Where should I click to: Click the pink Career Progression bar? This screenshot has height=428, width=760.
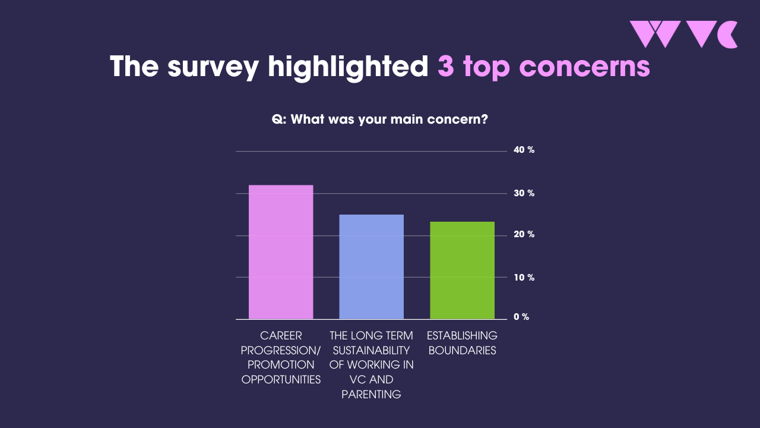click(281, 252)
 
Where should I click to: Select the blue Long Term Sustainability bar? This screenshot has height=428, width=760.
click(371, 267)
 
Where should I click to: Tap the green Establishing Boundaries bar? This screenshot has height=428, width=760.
click(462, 270)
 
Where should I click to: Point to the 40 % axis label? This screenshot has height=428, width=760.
click(524, 150)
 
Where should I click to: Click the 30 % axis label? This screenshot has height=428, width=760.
click(524, 193)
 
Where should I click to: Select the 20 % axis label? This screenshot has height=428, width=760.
click(524, 234)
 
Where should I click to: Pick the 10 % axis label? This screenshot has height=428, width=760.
click(524, 278)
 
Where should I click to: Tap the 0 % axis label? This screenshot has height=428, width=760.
click(521, 317)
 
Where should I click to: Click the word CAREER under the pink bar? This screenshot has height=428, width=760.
click(281, 336)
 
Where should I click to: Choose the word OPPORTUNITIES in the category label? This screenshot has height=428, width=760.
click(281, 379)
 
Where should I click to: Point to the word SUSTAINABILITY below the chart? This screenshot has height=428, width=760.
click(371, 350)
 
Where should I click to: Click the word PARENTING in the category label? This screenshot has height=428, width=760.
click(371, 394)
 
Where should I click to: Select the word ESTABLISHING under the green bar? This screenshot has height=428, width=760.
click(462, 336)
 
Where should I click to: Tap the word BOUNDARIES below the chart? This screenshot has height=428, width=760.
click(462, 350)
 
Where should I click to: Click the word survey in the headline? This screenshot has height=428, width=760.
click(213, 67)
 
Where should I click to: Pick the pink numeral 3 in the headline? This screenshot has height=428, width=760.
click(446, 67)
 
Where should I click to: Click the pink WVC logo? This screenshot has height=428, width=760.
click(683, 34)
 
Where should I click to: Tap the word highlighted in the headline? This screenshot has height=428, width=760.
click(348, 67)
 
